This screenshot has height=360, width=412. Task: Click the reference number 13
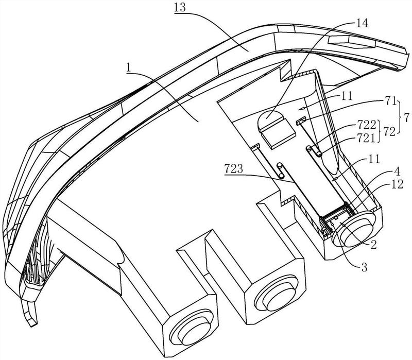180,7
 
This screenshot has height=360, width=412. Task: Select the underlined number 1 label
128,68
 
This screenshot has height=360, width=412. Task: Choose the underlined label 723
234,168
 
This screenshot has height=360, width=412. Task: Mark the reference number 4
397,172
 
